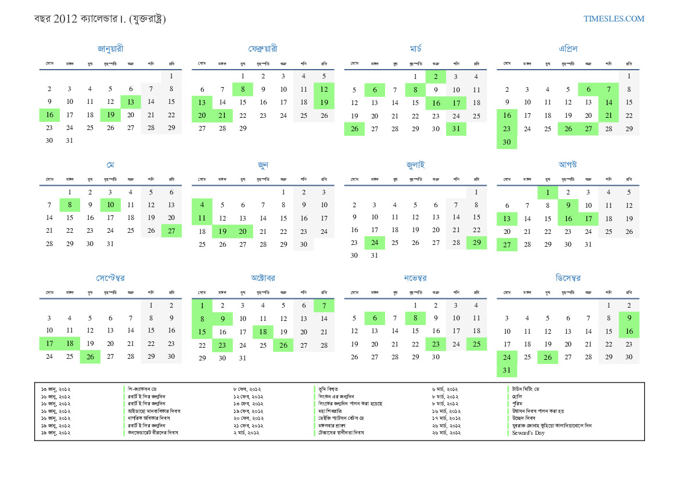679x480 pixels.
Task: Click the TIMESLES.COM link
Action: point(614,19)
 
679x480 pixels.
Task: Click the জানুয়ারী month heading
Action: point(110,49)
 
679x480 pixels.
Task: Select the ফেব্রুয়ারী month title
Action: point(263,49)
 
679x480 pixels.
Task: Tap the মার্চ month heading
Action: point(415,49)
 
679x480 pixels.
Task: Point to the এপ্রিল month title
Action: point(567,49)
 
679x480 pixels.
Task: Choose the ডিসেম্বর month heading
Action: point(567,278)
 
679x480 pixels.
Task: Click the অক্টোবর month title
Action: point(263,278)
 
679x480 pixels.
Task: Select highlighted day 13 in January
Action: point(131,102)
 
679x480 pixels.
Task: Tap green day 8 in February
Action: point(242,89)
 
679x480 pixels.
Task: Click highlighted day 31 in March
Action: point(456,129)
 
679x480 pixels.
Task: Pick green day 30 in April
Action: point(506,142)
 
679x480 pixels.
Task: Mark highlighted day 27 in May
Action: point(171,231)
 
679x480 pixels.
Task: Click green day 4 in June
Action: point(202,205)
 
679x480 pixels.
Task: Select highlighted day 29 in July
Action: point(476,243)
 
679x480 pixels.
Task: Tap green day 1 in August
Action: point(547,192)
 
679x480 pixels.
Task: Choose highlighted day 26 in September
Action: point(90,356)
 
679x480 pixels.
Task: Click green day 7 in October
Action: point(324,305)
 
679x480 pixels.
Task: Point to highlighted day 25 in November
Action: point(476,344)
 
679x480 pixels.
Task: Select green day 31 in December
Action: point(506,370)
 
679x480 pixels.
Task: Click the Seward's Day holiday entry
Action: point(528,433)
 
